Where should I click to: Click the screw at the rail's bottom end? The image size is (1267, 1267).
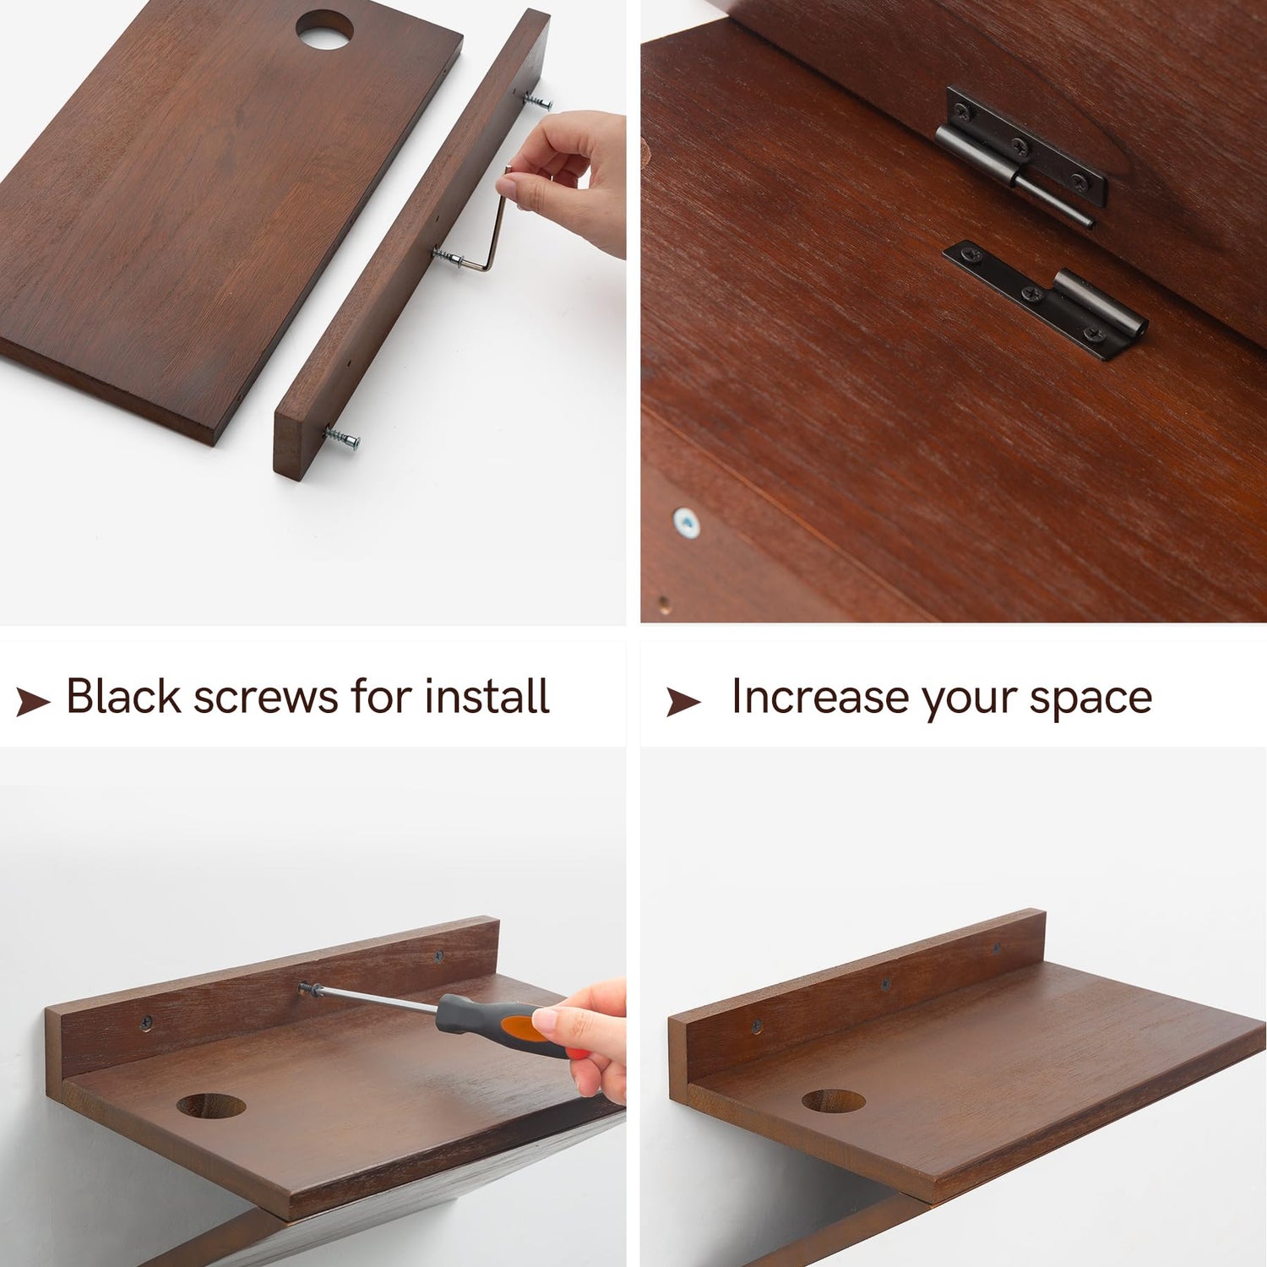342,438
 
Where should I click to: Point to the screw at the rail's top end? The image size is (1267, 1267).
537,102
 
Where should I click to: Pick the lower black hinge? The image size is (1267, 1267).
1046,298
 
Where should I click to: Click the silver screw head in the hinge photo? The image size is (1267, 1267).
687,524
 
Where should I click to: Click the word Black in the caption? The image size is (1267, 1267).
124,697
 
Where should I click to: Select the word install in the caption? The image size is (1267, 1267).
487,697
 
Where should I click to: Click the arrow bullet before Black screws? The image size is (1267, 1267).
33,701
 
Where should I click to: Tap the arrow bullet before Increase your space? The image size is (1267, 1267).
683,701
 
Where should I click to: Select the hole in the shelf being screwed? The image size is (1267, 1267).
211,1105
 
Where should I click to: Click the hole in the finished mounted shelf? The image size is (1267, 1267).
834,1101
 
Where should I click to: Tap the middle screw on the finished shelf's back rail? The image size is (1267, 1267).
885,984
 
